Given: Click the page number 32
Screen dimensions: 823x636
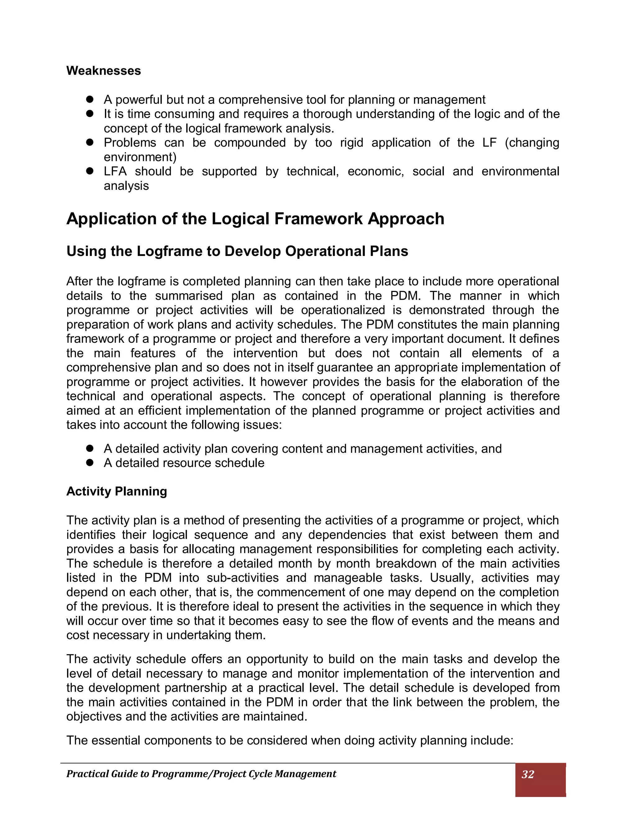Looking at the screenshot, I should pyautogui.click(x=528, y=774).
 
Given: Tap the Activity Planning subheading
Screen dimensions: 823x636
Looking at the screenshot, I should pyautogui.click(x=116, y=491).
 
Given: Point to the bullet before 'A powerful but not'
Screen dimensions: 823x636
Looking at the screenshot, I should pyautogui.click(x=89, y=99).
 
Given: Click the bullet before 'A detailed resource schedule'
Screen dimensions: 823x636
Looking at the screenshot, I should pyautogui.click(x=89, y=463).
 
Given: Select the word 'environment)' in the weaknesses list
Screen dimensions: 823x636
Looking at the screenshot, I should pyautogui.click(x=140, y=157).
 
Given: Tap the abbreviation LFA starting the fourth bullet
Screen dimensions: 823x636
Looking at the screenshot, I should pyautogui.click(x=115, y=171).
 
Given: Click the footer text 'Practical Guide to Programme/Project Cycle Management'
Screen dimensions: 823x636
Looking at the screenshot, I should pyautogui.click(x=201, y=774).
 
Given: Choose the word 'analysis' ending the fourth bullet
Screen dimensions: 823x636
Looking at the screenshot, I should pyautogui.click(x=126, y=186).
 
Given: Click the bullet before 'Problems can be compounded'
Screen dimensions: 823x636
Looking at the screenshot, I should pyautogui.click(x=89, y=143).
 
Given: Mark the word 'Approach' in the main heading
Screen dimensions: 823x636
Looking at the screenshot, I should pyautogui.click(x=406, y=219).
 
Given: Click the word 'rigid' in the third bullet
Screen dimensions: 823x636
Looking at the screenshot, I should pyautogui.click(x=351, y=143).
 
